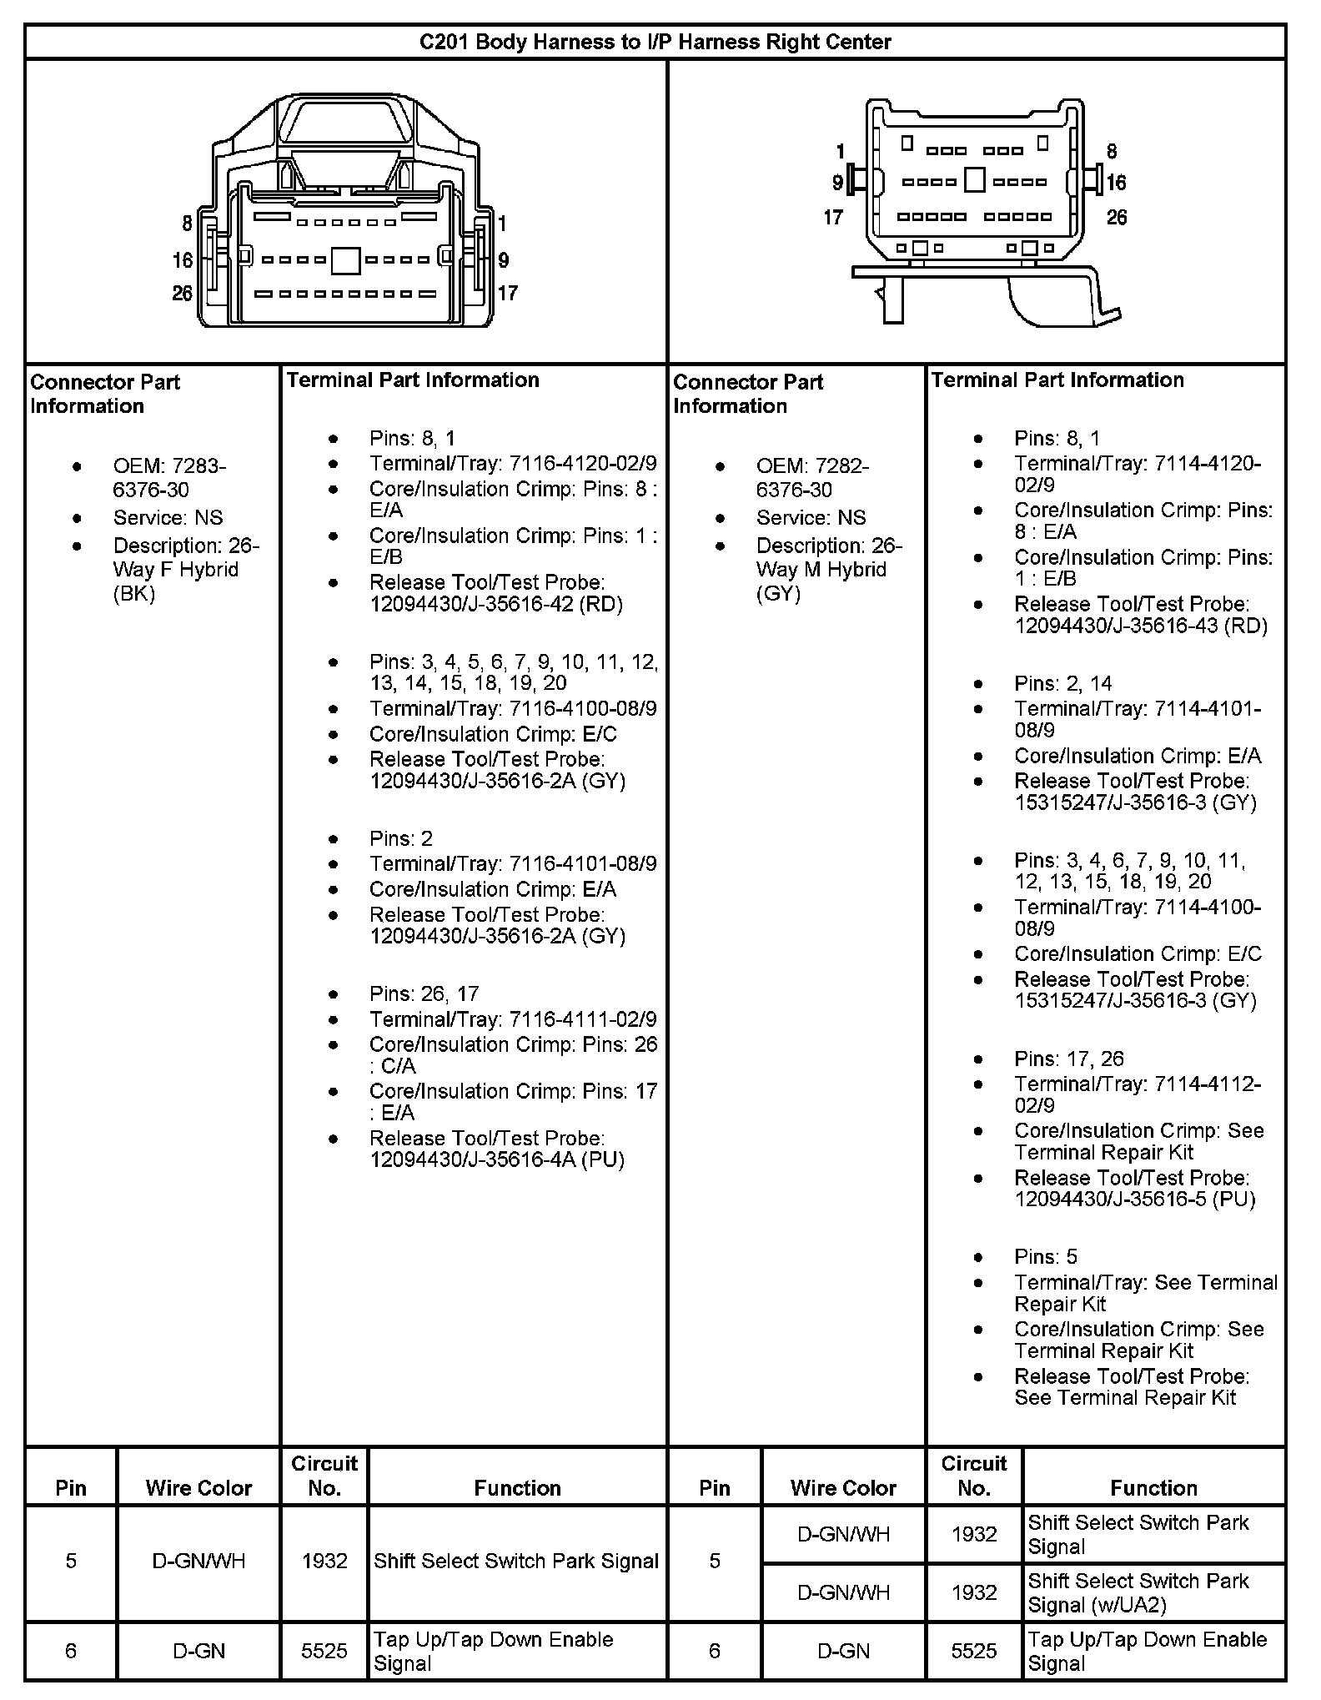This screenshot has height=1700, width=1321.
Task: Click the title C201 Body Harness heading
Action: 655,42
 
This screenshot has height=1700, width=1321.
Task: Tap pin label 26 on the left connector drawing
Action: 182,294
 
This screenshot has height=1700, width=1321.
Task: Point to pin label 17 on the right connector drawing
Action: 833,218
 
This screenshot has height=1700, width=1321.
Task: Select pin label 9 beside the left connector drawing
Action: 504,260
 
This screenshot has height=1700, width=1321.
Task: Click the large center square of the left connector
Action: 345,260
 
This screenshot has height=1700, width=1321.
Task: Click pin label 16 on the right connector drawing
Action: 1117,183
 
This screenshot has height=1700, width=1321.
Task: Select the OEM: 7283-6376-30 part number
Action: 169,478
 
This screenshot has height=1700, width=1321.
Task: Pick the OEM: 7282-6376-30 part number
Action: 812,478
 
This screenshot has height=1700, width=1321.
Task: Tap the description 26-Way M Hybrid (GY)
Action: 829,570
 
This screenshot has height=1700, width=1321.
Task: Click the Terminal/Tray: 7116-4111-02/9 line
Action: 513,1019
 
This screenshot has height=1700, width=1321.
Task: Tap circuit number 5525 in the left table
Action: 324,1651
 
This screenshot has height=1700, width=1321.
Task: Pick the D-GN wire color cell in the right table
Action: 843,1651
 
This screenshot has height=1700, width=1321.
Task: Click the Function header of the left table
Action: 517,1488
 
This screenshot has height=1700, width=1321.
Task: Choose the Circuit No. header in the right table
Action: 974,1476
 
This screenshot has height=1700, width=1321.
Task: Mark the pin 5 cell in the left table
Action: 71,1561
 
